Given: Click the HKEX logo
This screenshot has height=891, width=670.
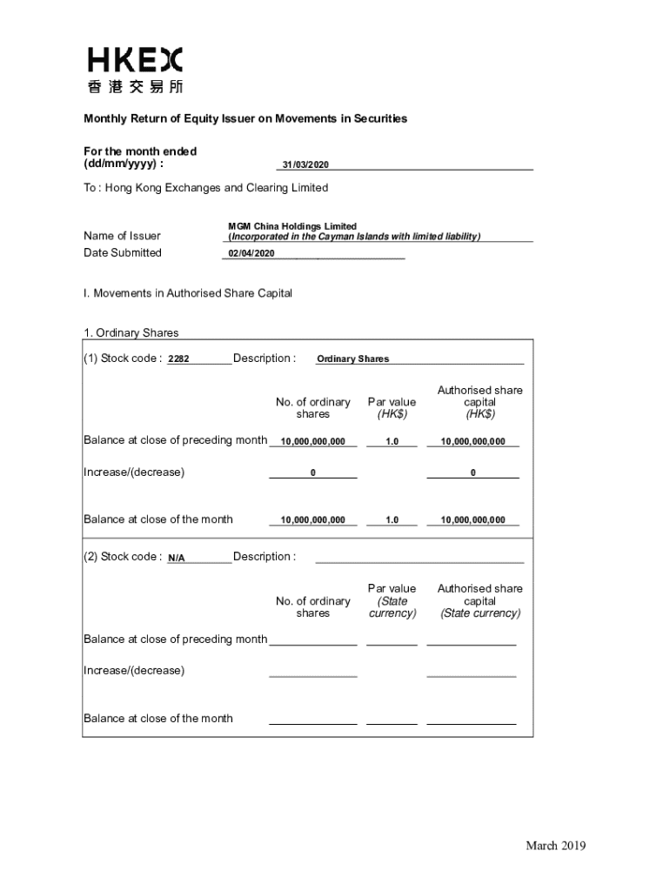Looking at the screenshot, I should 135,60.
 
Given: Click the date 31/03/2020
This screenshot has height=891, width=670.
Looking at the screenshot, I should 305,165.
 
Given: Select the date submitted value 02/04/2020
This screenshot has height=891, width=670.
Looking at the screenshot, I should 251,253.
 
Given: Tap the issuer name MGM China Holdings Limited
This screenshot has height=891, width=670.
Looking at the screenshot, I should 292,226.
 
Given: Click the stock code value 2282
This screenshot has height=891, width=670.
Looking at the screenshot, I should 178,359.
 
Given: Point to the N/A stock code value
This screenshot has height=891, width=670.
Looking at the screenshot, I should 176,558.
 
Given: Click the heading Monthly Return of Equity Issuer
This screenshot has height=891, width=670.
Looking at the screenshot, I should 245,118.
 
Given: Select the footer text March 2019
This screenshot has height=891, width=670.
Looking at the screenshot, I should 555,846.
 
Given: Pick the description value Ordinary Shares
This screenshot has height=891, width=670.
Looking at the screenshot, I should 352,359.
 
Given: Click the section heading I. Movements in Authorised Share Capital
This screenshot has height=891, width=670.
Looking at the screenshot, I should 188,293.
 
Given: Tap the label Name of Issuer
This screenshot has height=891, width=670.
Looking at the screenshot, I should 122,236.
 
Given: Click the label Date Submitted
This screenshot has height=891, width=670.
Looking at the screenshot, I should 123,253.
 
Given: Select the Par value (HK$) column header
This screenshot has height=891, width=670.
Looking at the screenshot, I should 392,408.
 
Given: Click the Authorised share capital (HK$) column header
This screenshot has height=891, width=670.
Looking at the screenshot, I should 479,402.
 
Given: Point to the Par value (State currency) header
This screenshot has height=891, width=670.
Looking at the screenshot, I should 392,601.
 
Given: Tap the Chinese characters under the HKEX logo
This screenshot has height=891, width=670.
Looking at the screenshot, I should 135,86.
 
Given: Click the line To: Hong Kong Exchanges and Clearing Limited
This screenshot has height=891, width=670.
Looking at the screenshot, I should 205,188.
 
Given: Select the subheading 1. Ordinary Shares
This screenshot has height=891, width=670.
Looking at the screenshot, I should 131,332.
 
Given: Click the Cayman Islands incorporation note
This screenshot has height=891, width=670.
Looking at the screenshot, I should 354,237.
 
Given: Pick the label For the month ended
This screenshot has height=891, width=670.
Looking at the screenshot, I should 140,151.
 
